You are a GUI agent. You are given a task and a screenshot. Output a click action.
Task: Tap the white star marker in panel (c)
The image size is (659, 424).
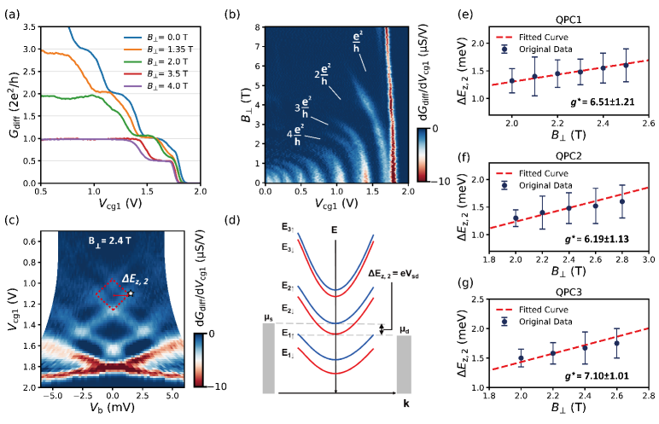pos(131,293)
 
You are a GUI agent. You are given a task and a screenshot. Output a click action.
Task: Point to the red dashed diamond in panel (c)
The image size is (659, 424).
pos(113,294)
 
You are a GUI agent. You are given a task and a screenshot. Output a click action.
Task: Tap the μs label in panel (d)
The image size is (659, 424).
pos(268,317)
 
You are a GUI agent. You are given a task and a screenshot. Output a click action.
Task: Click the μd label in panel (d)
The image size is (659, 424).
pos(406,326)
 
